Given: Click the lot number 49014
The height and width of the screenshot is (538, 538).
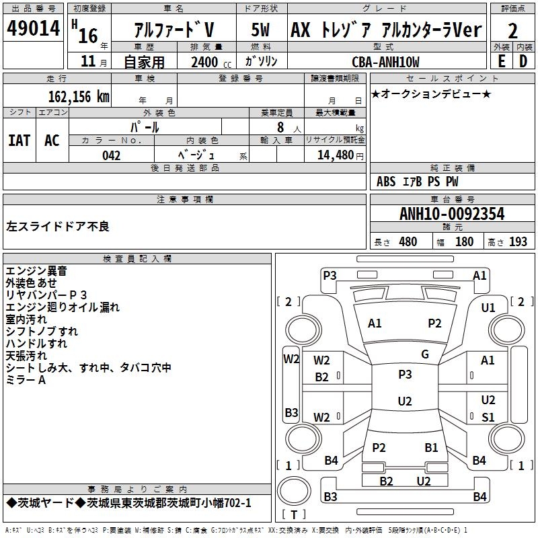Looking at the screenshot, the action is coord(34,30).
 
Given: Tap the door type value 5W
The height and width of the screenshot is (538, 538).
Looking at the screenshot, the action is coord(261,30).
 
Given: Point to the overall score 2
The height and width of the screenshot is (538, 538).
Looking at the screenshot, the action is coord(512,31).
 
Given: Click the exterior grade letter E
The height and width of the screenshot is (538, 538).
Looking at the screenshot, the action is coord(501,61).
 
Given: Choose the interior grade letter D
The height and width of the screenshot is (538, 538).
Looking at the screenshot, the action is coord(523,61).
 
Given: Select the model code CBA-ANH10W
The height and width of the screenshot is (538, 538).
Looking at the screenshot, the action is coord(385,62).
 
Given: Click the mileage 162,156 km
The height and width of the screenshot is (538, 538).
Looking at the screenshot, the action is coord(78,96).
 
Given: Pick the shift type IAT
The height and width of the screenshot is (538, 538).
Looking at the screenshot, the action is coord(19,141).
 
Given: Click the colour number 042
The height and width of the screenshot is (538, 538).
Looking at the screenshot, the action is coord(111,155).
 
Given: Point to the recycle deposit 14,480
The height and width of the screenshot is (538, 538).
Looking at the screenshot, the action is coord(335,155).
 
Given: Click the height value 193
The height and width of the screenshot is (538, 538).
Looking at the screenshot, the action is coord(518,242).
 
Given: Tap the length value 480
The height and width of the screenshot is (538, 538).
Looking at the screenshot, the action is coord(408,242).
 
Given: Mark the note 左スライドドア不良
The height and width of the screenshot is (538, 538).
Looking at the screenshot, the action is coord(58,226).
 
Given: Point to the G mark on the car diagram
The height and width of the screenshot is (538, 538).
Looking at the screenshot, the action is coord(424,354).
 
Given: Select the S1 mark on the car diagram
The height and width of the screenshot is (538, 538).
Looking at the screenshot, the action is coord(488,417).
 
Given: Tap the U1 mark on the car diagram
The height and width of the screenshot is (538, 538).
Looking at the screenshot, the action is coord(488,307).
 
